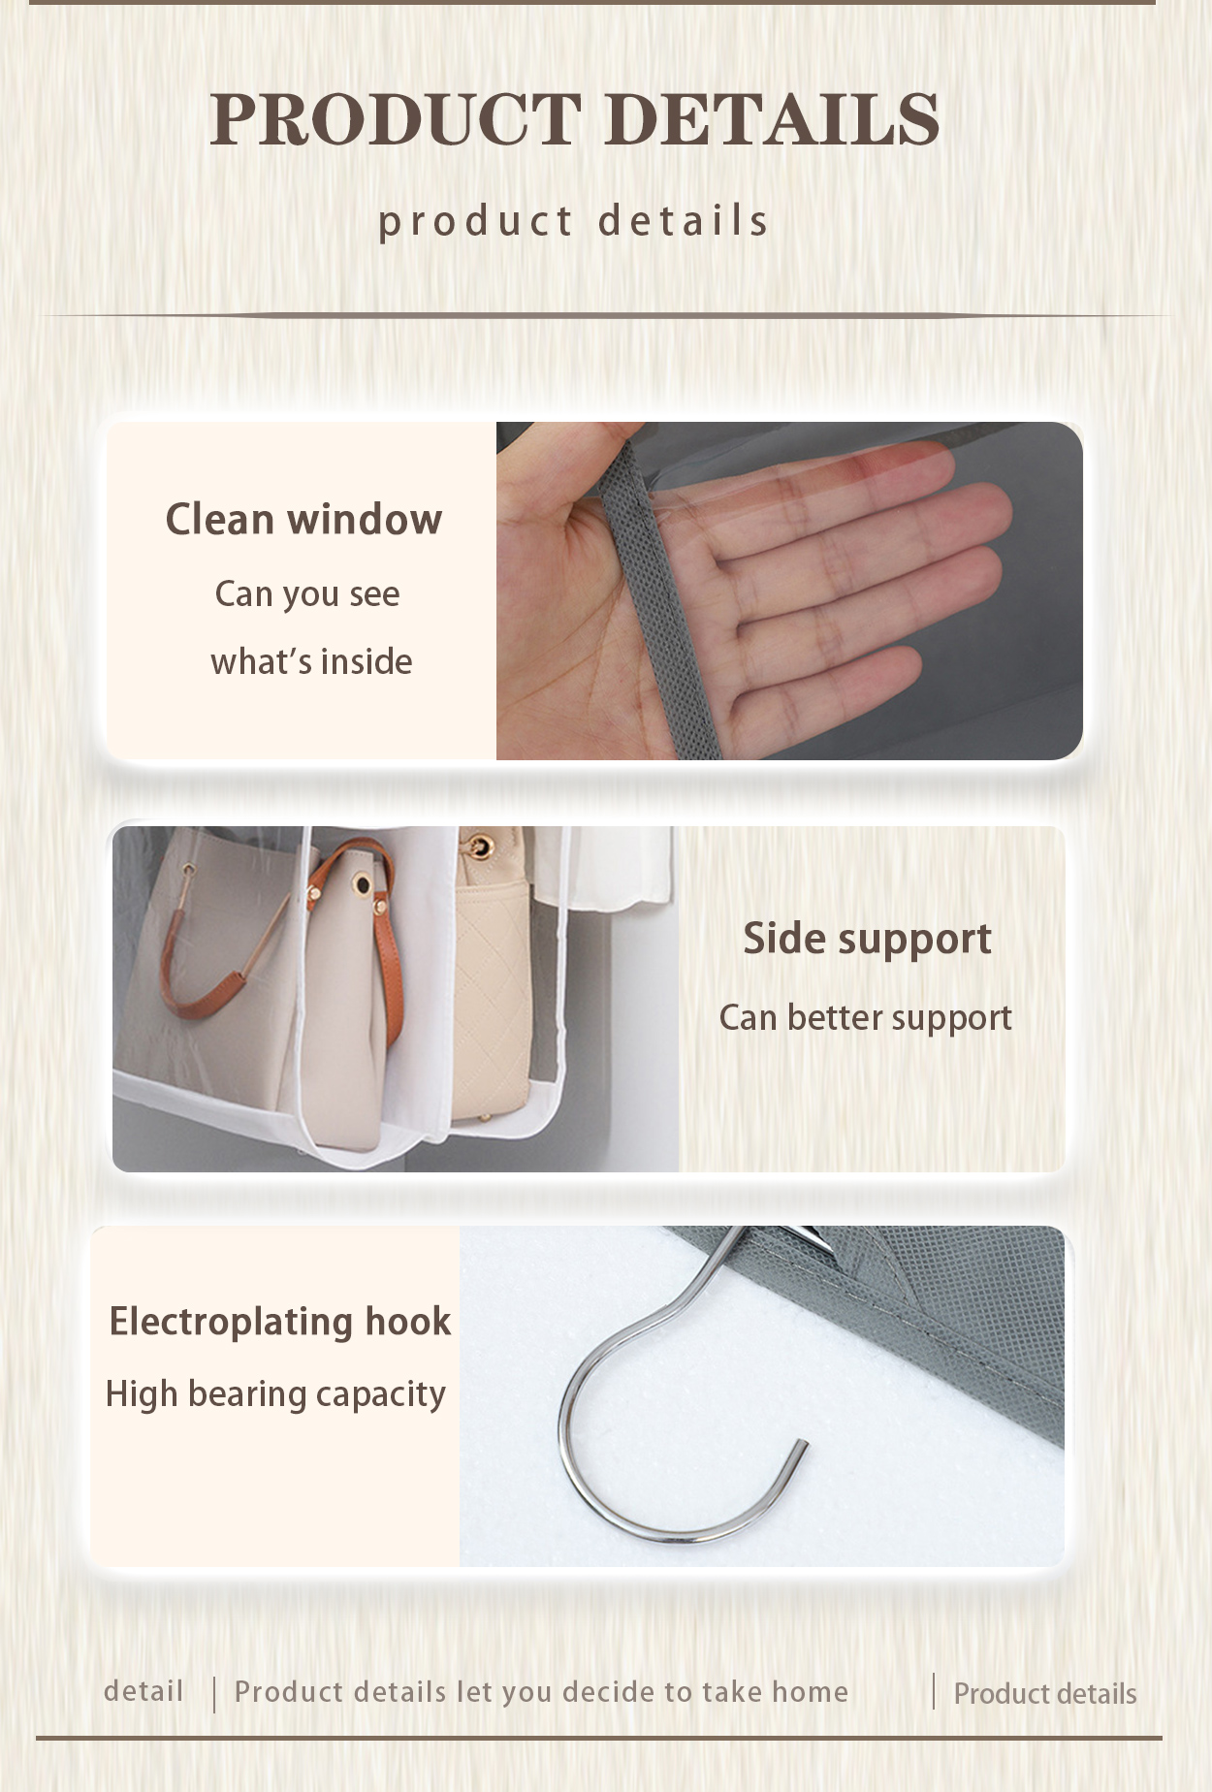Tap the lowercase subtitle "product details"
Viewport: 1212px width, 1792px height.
[573, 221]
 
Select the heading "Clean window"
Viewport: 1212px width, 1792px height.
[303, 519]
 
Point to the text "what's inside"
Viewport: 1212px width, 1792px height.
[311, 661]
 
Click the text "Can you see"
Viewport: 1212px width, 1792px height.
[306, 593]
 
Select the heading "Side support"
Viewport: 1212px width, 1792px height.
[867, 938]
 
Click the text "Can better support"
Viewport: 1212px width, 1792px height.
[865, 1017]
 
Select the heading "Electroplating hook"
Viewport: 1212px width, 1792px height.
[279, 1321]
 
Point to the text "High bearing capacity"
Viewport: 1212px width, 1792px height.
[275, 1393]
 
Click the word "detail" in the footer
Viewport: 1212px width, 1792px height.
[144, 1691]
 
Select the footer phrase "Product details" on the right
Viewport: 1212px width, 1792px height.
[1044, 1693]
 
